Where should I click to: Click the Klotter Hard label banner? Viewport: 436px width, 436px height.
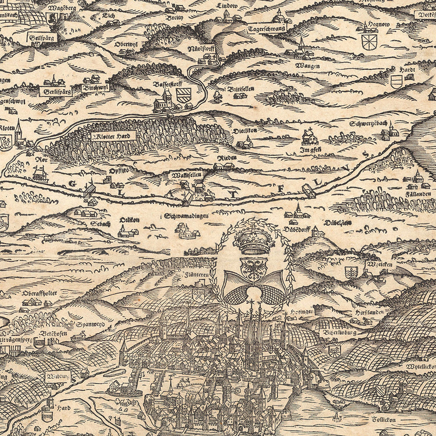click(113, 136)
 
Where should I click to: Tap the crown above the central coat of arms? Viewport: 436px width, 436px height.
click(254, 241)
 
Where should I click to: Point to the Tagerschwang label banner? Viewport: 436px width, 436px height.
click(266, 29)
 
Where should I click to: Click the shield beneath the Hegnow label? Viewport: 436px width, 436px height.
click(369, 42)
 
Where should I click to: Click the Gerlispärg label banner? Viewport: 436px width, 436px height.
click(55, 91)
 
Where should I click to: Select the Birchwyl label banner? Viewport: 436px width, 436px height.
click(95, 88)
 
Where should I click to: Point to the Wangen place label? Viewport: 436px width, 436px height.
click(307, 65)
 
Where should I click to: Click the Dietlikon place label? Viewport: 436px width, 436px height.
click(245, 130)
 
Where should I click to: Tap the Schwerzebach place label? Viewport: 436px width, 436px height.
click(368, 124)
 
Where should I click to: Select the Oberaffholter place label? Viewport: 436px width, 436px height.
click(40, 293)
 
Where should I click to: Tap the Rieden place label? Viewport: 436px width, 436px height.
click(226, 158)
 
